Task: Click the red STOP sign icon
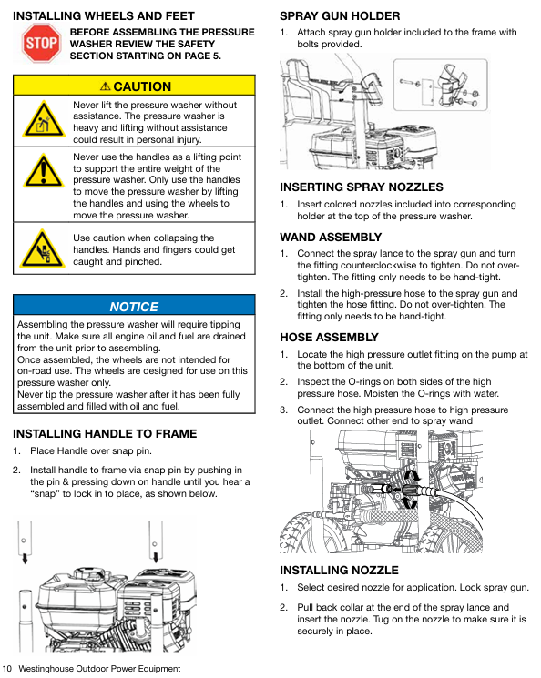tap(41, 44)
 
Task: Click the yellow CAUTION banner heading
tap(134, 86)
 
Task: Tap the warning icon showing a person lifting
tap(43, 120)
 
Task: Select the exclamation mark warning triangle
tap(43, 172)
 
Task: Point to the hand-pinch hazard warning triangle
tap(43, 249)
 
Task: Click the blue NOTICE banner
tap(134, 305)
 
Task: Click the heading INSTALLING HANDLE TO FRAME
tap(105, 434)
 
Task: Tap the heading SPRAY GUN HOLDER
tap(340, 16)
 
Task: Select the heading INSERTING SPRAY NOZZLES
tap(362, 187)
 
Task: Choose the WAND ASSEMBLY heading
tap(331, 238)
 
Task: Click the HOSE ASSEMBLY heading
tap(330, 338)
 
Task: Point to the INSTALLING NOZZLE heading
tap(339, 571)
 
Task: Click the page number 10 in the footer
tap(6, 669)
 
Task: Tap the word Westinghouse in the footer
tap(46, 669)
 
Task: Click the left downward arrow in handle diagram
tap(25, 558)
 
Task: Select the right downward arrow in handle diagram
tap(156, 557)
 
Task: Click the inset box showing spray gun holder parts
tap(440, 85)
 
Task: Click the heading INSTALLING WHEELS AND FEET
tap(104, 16)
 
